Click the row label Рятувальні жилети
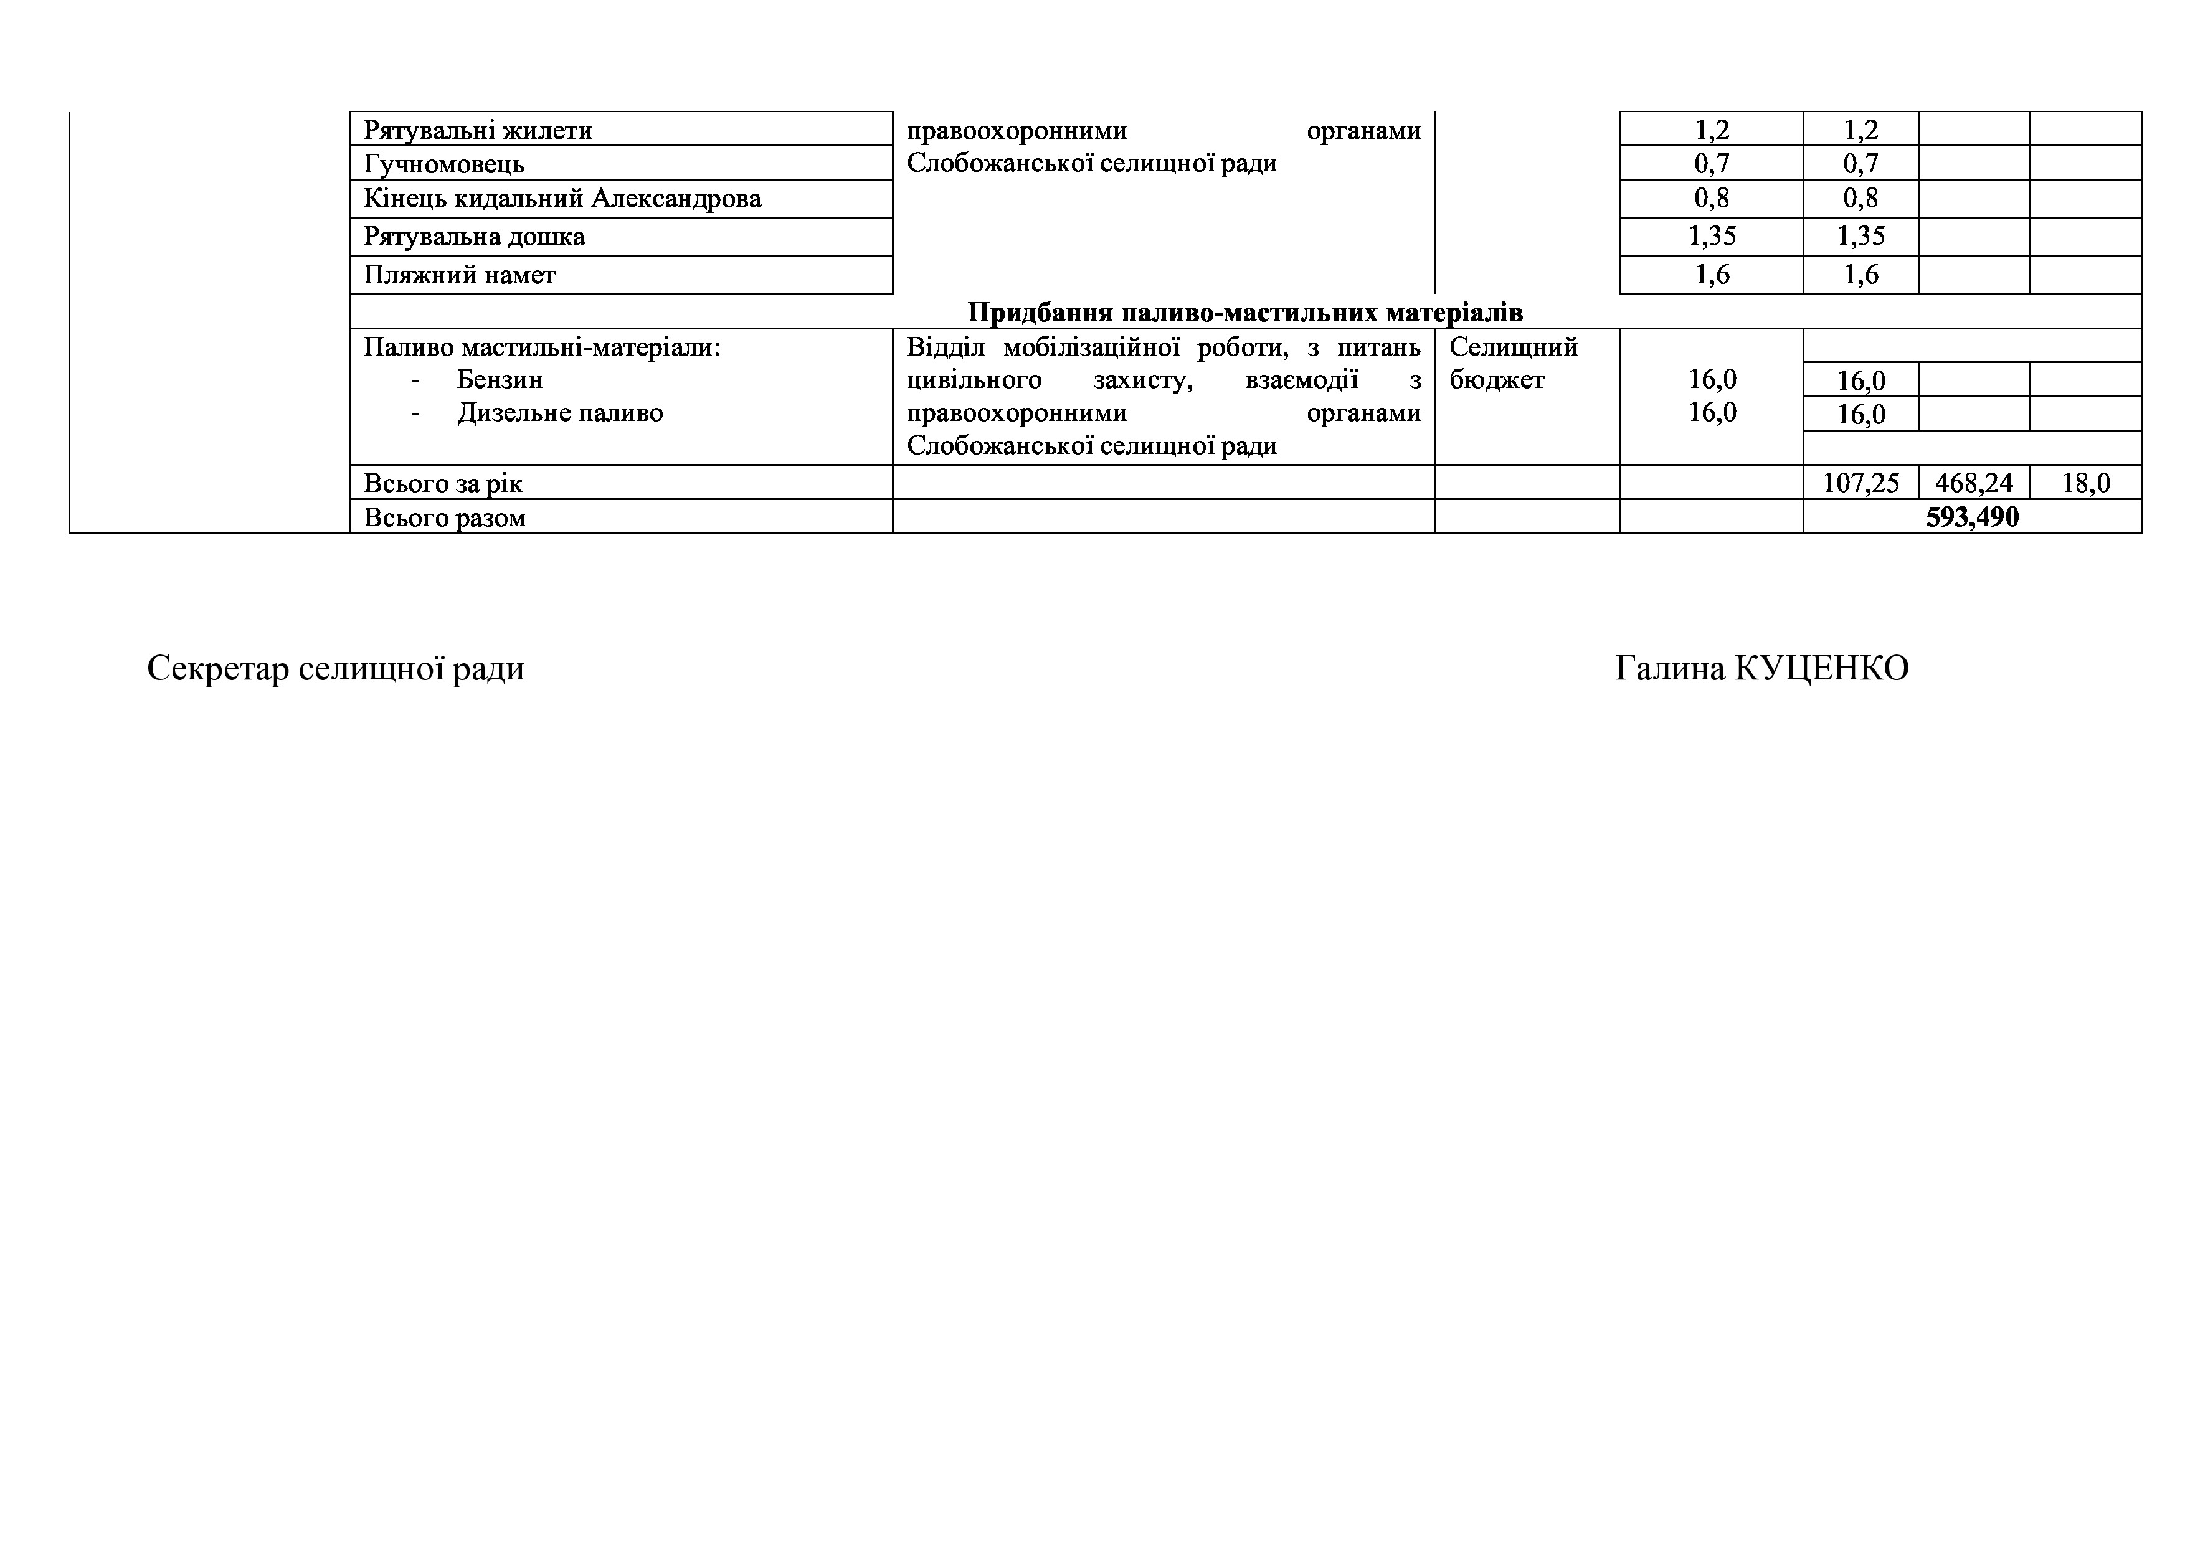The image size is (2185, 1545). (478, 130)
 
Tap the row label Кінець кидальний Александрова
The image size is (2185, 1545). (562, 199)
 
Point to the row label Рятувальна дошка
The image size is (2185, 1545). (474, 237)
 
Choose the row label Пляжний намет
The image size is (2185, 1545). (460, 276)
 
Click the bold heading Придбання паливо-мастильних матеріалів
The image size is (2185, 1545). (1244, 313)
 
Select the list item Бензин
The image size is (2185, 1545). (500, 380)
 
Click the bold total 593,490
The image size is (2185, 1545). (1972, 517)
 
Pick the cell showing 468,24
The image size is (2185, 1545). (1974, 483)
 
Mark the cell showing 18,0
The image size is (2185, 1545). (2085, 483)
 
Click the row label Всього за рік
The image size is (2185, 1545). (442, 483)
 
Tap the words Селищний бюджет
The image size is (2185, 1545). (1513, 364)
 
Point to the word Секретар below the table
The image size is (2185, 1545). (218, 669)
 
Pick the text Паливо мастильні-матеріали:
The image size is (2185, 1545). (541, 347)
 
